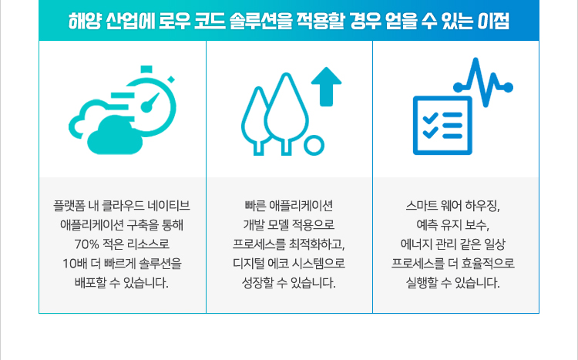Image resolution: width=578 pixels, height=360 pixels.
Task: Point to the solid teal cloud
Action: pos(114,136)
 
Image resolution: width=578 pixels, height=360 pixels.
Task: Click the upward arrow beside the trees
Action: pos(326,86)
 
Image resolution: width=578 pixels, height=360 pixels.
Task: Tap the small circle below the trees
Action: pos(314,146)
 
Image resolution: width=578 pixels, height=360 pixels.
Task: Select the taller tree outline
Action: pos(287,113)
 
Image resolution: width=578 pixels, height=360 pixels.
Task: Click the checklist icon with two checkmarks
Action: pos(442,126)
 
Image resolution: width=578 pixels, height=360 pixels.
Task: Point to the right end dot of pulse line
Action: pos(508,87)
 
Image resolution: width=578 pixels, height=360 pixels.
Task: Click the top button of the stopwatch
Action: pos(146,69)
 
